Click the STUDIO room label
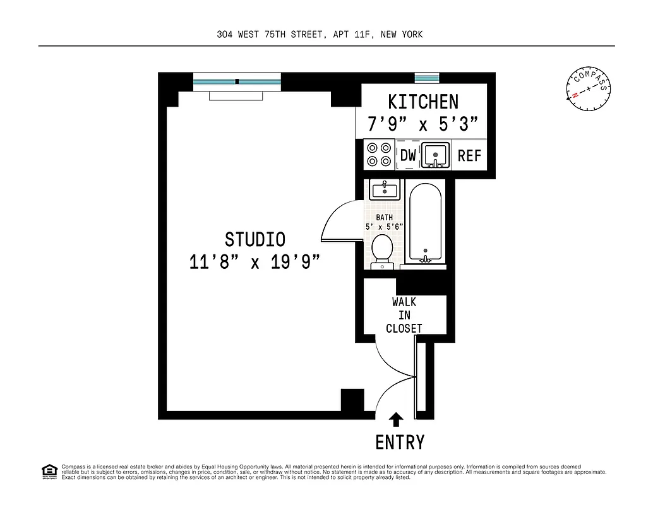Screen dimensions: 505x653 click(x=255, y=239)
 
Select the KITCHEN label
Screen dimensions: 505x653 click(x=423, y=102)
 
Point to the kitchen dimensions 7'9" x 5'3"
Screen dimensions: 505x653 click(x=423, y=123)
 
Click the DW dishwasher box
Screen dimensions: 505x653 click(x=409, y=155)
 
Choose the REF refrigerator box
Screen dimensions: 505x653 click(x=469, y=155)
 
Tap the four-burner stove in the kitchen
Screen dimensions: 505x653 click(x=378, y=155)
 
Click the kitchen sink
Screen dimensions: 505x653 click(x=436, y=155)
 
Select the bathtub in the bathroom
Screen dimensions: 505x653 click(x=426, y=223)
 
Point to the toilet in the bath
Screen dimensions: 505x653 click(x=382, y=251)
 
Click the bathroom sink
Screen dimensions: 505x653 click(x=384, y=189)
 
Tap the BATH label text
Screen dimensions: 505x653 click(x=384, y=217)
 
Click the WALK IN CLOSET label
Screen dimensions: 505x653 click(x=404, y=315)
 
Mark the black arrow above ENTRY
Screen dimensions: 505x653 click(x=397, y=419)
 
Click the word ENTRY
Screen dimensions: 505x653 click(x=400, y=443)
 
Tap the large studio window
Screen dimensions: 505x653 click(x=237, y=81)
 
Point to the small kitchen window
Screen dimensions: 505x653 click(x=427, y=78)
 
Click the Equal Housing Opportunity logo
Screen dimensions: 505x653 click(x=49, y=472)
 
